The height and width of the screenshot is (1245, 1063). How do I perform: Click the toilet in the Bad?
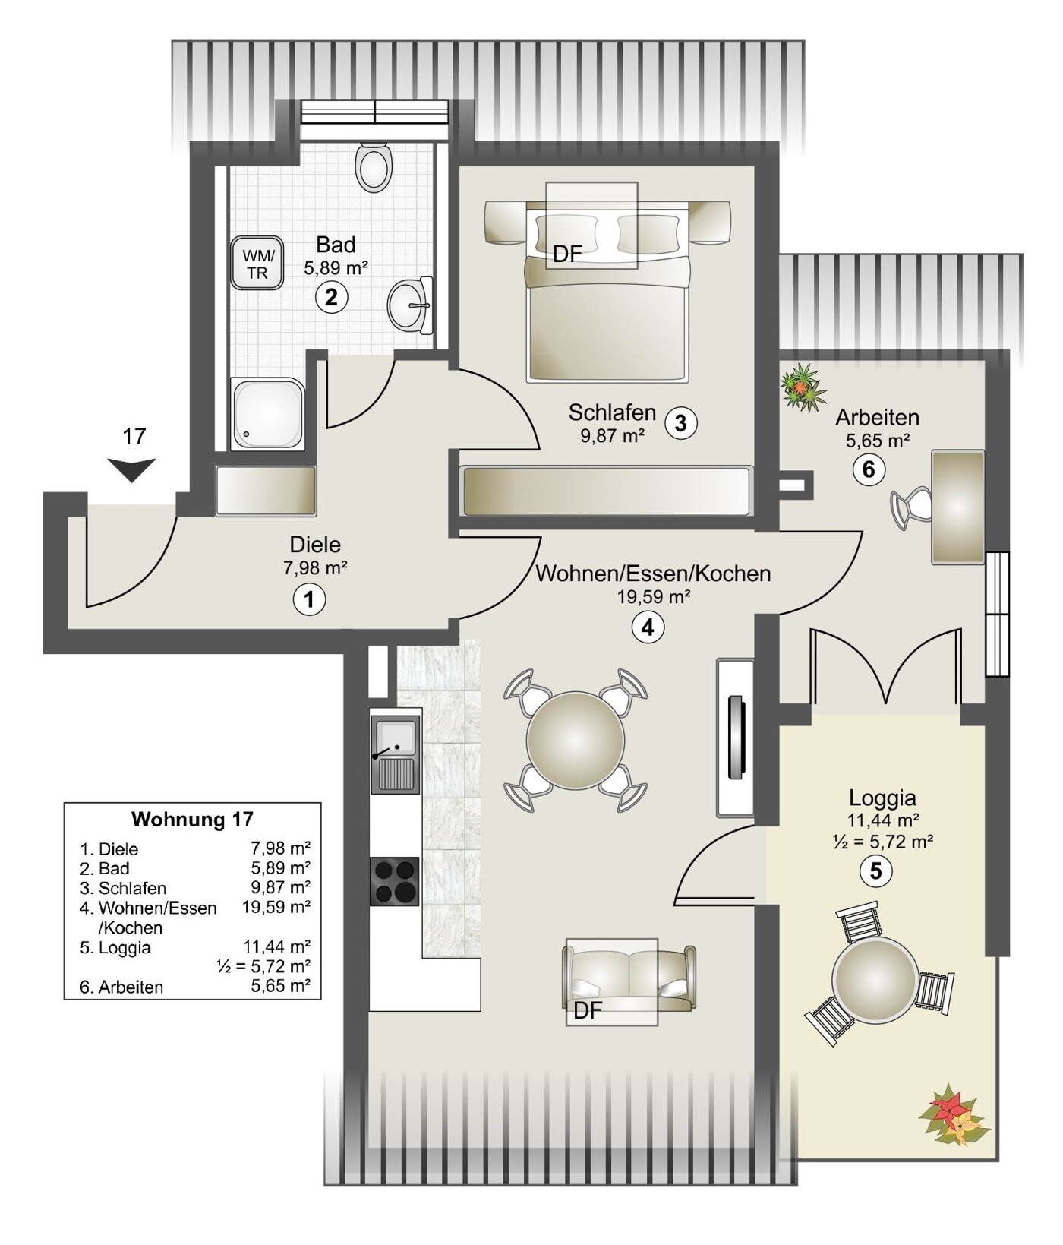tap(374, 164)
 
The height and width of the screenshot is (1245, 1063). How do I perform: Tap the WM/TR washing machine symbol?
tap(257, 264)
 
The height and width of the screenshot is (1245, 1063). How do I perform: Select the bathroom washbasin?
tap(411, 305)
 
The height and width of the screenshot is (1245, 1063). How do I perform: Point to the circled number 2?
tap(332, 297)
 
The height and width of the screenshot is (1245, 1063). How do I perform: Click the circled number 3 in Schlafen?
tap(680, 422)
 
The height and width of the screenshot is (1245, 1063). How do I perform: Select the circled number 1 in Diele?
tap(309, 599)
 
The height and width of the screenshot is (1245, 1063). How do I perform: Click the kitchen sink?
tap(394, 754)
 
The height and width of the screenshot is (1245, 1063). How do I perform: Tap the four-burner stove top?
tap(394, 880)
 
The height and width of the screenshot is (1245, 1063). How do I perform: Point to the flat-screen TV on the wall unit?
tap(735, 738)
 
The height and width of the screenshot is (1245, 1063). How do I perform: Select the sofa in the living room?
tap(629, 978)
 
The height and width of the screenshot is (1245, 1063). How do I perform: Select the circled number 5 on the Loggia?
tap(875, 871)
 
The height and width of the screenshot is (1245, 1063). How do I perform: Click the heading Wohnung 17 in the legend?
tap(192, 820)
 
